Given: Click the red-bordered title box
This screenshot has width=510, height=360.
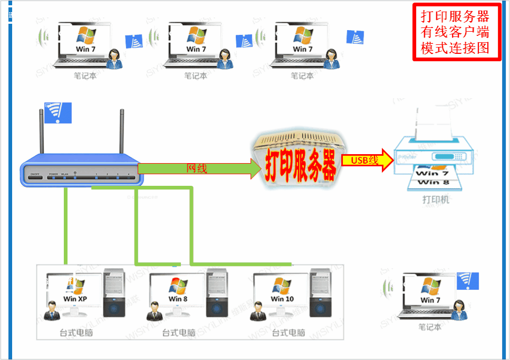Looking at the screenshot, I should [x=456, y=32].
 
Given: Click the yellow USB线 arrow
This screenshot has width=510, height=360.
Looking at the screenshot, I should [x=367, y=160].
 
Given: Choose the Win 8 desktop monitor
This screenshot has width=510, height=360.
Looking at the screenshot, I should [x=174, y=293].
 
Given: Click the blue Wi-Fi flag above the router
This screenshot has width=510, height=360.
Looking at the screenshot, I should [x=59, y=112].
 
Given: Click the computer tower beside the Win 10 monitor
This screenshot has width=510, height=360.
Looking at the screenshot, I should [x=320, y=296].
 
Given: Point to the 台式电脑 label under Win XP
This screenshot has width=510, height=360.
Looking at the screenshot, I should [x=76, y=333].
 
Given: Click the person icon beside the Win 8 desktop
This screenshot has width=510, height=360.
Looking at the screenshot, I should [x=155, y=311].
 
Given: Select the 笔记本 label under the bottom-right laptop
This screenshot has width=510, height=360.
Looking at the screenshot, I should [x=429, y=327].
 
